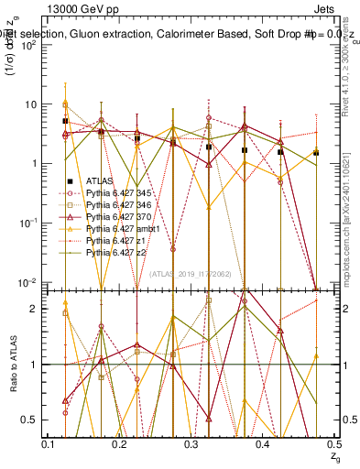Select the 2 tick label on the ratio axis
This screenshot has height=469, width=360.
point(37,309)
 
